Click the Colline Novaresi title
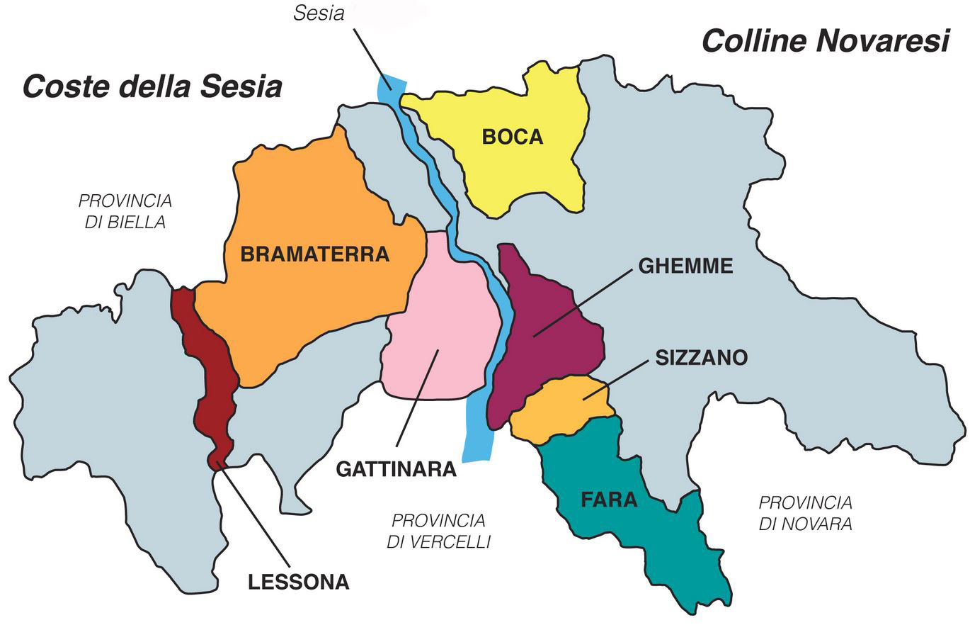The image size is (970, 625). coord(825,41)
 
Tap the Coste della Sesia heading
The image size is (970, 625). coord(152,86)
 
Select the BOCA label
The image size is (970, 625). coord(513,137)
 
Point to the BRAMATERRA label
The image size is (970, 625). coord(315,254)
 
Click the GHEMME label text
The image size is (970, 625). coord(685,266)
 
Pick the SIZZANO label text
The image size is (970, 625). coord(701,358)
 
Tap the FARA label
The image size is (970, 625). coord(609,500)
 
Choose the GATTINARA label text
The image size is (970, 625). coord(396,469)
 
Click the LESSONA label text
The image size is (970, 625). coord(299,582)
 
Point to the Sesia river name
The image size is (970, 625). coord(319,13)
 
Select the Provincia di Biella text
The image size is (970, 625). coord(125,210)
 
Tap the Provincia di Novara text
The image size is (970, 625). coord(805,514)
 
